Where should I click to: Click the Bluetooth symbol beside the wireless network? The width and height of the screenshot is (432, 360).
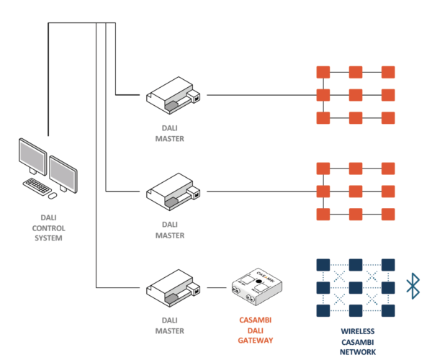[x=413, y=286]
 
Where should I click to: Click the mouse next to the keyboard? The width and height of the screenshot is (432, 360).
[x=53, y=194]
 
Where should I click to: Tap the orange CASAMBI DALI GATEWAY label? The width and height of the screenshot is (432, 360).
[x=257, y=330]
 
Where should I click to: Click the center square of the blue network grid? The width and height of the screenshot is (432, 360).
[x=355, y=287]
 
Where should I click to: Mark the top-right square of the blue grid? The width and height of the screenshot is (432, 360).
[x=388, y=264]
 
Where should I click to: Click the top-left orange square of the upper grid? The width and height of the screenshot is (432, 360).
[x=323, y=72]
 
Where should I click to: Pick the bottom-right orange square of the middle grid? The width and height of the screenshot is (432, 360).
[x=388, y=214]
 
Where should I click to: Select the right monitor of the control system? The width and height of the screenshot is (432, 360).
[x=63, y=171]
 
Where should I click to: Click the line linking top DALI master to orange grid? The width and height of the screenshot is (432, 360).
[x=259, y=95]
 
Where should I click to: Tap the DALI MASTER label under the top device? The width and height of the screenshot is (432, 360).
[x=171, y=134]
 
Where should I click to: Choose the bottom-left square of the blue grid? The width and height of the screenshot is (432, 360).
[x=323, y=310]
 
